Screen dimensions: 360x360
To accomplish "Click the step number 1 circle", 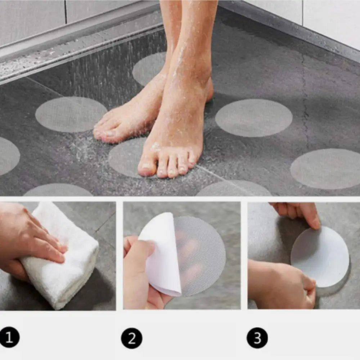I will (9, 337).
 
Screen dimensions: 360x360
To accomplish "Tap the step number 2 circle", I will (131, 338).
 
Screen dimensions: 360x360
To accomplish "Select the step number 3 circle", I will (257, 338).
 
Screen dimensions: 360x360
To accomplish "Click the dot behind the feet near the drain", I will (149, 68).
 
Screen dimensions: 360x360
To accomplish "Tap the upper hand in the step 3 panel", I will (299, 212).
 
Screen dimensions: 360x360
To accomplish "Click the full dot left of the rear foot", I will (71, 114).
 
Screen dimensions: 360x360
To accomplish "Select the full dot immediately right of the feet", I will (254, 118).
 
